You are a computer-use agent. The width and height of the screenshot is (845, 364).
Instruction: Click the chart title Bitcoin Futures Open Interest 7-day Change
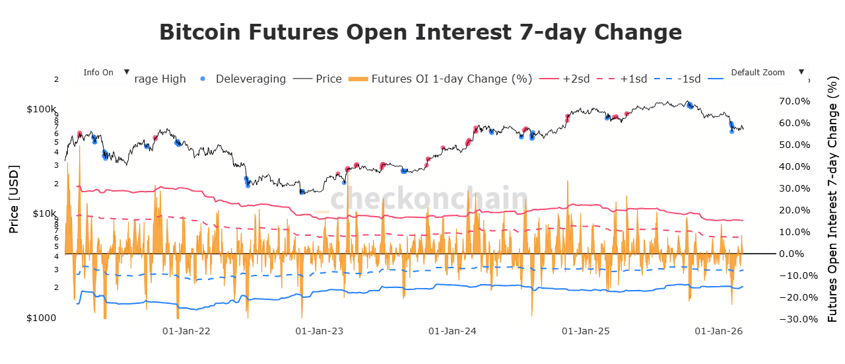click(x=421, y=32)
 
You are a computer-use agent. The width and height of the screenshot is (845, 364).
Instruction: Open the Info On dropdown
click(x=104, y=73)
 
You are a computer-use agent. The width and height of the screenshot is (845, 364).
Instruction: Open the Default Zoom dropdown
click(x=765, y=73)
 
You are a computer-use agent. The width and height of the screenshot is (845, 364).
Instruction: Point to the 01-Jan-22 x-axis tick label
click(x=186, y=330)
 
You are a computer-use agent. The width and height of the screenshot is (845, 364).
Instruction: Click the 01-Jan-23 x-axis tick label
click(x=320, y=330)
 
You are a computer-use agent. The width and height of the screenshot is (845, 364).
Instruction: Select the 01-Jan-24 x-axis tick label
click(x=452, y=330)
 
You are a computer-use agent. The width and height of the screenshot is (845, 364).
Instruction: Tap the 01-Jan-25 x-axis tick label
click(x=586, y=330)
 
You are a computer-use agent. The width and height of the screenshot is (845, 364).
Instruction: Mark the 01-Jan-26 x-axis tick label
click(x=718, y=330)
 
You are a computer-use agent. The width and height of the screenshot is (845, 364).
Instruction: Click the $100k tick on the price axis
click(x=43, y=109)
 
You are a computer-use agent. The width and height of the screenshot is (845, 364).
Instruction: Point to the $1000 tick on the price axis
click(x=42, y=318)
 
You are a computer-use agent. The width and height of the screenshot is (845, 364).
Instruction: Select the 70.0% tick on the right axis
click(x=795, y=101)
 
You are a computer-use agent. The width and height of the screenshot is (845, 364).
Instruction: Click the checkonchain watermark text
click(x=429, y=198)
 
